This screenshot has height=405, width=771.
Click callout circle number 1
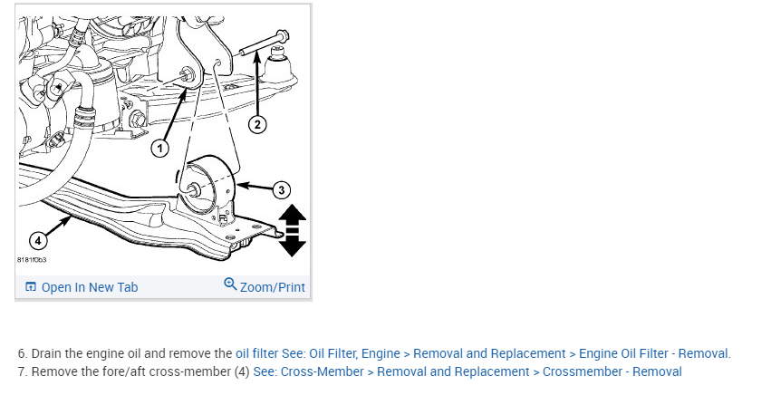coord(160,148)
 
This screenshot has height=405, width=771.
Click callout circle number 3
coord(281,189)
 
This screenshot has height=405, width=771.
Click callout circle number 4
coord(36,240)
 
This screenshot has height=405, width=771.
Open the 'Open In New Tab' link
coord(89,287)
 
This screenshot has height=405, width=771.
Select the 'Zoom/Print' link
coord(272,287)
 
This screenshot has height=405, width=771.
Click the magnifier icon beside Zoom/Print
coord(230,285)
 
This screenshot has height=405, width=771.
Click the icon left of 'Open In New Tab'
coord(31,287)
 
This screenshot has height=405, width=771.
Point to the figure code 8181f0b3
coord(33,260)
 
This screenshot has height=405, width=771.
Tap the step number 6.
coord(22,353)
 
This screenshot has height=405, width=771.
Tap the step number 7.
coord(22,371)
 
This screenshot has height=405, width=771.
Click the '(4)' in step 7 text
coord(242,371)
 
